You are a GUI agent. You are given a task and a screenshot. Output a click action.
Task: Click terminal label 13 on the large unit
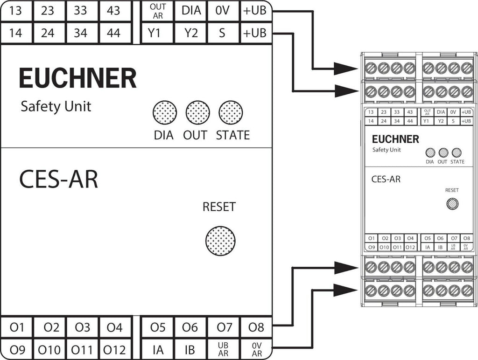(x=16, y=10)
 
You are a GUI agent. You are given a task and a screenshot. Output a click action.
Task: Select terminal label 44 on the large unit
(x=113, y=33)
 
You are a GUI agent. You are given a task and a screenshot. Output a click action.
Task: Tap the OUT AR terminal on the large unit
(x=157, y=11)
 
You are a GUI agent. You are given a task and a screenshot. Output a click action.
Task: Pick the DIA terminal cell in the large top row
(x=190, y=10)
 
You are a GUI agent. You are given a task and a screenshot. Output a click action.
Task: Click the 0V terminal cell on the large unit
(x=223, y=10)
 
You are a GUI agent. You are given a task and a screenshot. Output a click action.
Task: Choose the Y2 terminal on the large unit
(x=190, y=33)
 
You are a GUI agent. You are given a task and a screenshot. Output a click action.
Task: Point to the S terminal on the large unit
(x=223, y=33)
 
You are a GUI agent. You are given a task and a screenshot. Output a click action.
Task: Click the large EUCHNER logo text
(x=77, y=78)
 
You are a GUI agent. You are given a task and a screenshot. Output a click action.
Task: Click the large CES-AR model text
(x=59, y=179)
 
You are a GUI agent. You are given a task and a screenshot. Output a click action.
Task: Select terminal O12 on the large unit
(x=114, y=349)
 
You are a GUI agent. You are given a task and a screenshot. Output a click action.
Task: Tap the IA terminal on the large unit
(x=158, y=349)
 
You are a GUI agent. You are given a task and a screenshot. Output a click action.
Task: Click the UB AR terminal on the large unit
(x=223, y=349)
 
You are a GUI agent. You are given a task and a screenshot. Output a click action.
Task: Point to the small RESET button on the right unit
(x=452, y=203)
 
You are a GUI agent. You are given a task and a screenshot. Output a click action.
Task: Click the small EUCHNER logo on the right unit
(x=395, y=139)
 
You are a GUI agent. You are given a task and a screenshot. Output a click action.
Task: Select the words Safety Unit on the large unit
(x=56, y=106)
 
